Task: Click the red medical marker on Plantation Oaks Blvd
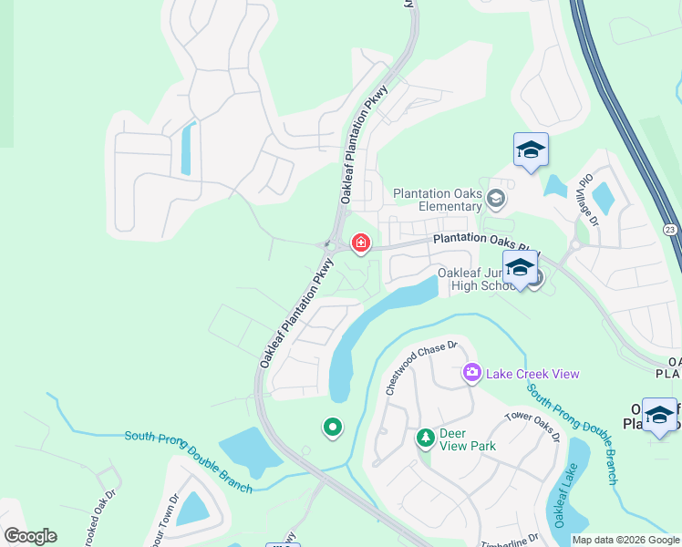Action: coord(361,243)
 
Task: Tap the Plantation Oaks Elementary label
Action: coord(437,199)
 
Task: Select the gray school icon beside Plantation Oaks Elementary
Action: coord(496,198)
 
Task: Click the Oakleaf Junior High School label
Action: coord(477,279)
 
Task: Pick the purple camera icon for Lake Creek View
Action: coord(471,372)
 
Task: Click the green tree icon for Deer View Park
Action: coord(425,439)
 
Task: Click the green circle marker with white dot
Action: coord(332,427)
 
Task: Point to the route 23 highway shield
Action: coord(670,229)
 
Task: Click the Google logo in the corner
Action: coord(30,535)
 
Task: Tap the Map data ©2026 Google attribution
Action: coord(625,540)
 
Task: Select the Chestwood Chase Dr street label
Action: coord(419,367)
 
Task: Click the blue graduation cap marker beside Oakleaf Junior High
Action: coord(520,269)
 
